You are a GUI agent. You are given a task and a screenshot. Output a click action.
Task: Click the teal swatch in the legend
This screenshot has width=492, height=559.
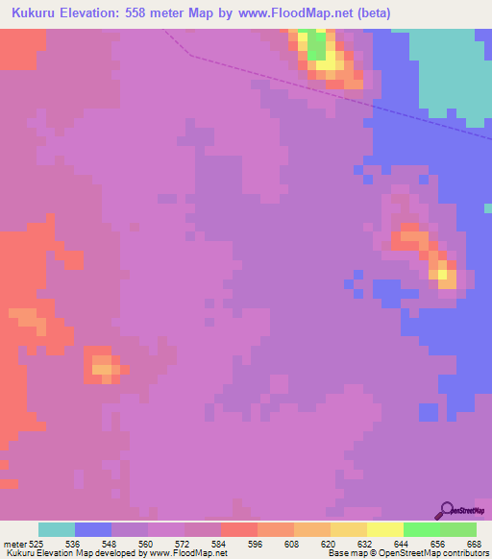(x=57, y=529)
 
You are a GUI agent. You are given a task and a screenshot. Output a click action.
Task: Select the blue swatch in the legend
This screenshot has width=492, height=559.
(x=93, y=529)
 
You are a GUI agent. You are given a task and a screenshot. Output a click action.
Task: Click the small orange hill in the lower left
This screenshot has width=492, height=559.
(x=102, y=364)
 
